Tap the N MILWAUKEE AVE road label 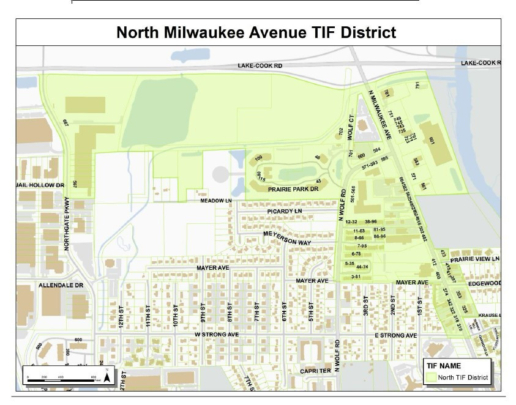[x=380, y=114]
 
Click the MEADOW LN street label [x=214, y=201]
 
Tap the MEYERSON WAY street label [x=288, y=238]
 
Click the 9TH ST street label [x=202, y=313]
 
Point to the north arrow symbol [x=107, y=376]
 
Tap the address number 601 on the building [x=432, y=141]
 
